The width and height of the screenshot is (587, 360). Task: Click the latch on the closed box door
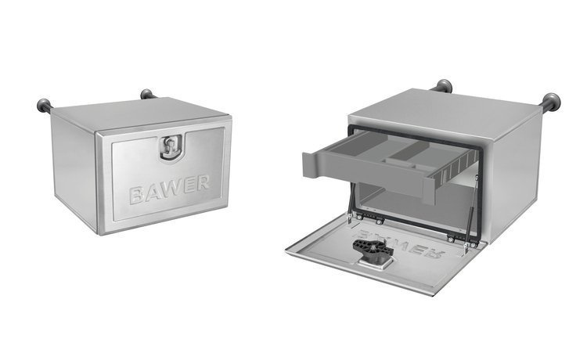pyautogui.click(x=169, y=148)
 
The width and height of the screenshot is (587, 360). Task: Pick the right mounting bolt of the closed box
pyautogui.click(x=146, y=95)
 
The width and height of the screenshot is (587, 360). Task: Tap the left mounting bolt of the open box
pyautogui.click(x=444, y=85)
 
